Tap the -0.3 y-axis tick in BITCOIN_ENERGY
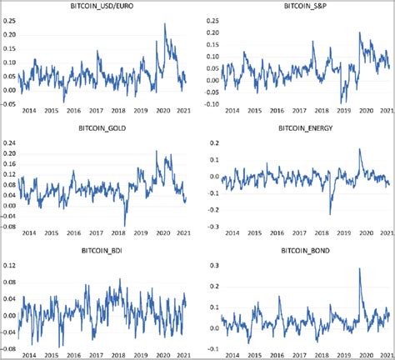pos(212,226)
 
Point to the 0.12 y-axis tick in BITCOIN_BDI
pos(9,266)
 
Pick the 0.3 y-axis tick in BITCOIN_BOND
pos(214,264)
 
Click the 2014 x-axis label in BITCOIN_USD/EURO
pos(29,111)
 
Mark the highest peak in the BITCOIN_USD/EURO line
pos(164,24)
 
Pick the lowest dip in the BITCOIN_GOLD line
pos(125,226)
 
